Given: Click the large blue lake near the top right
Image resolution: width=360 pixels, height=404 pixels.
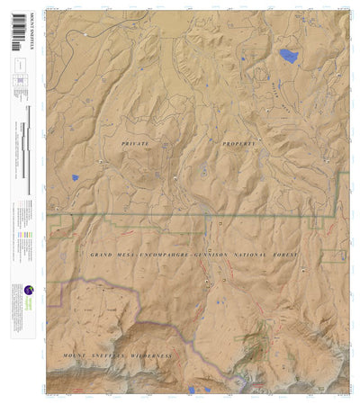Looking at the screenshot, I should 288,56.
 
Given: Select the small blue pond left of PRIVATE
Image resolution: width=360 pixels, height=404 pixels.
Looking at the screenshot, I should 76,177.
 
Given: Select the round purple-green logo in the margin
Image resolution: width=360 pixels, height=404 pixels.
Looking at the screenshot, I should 29,291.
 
